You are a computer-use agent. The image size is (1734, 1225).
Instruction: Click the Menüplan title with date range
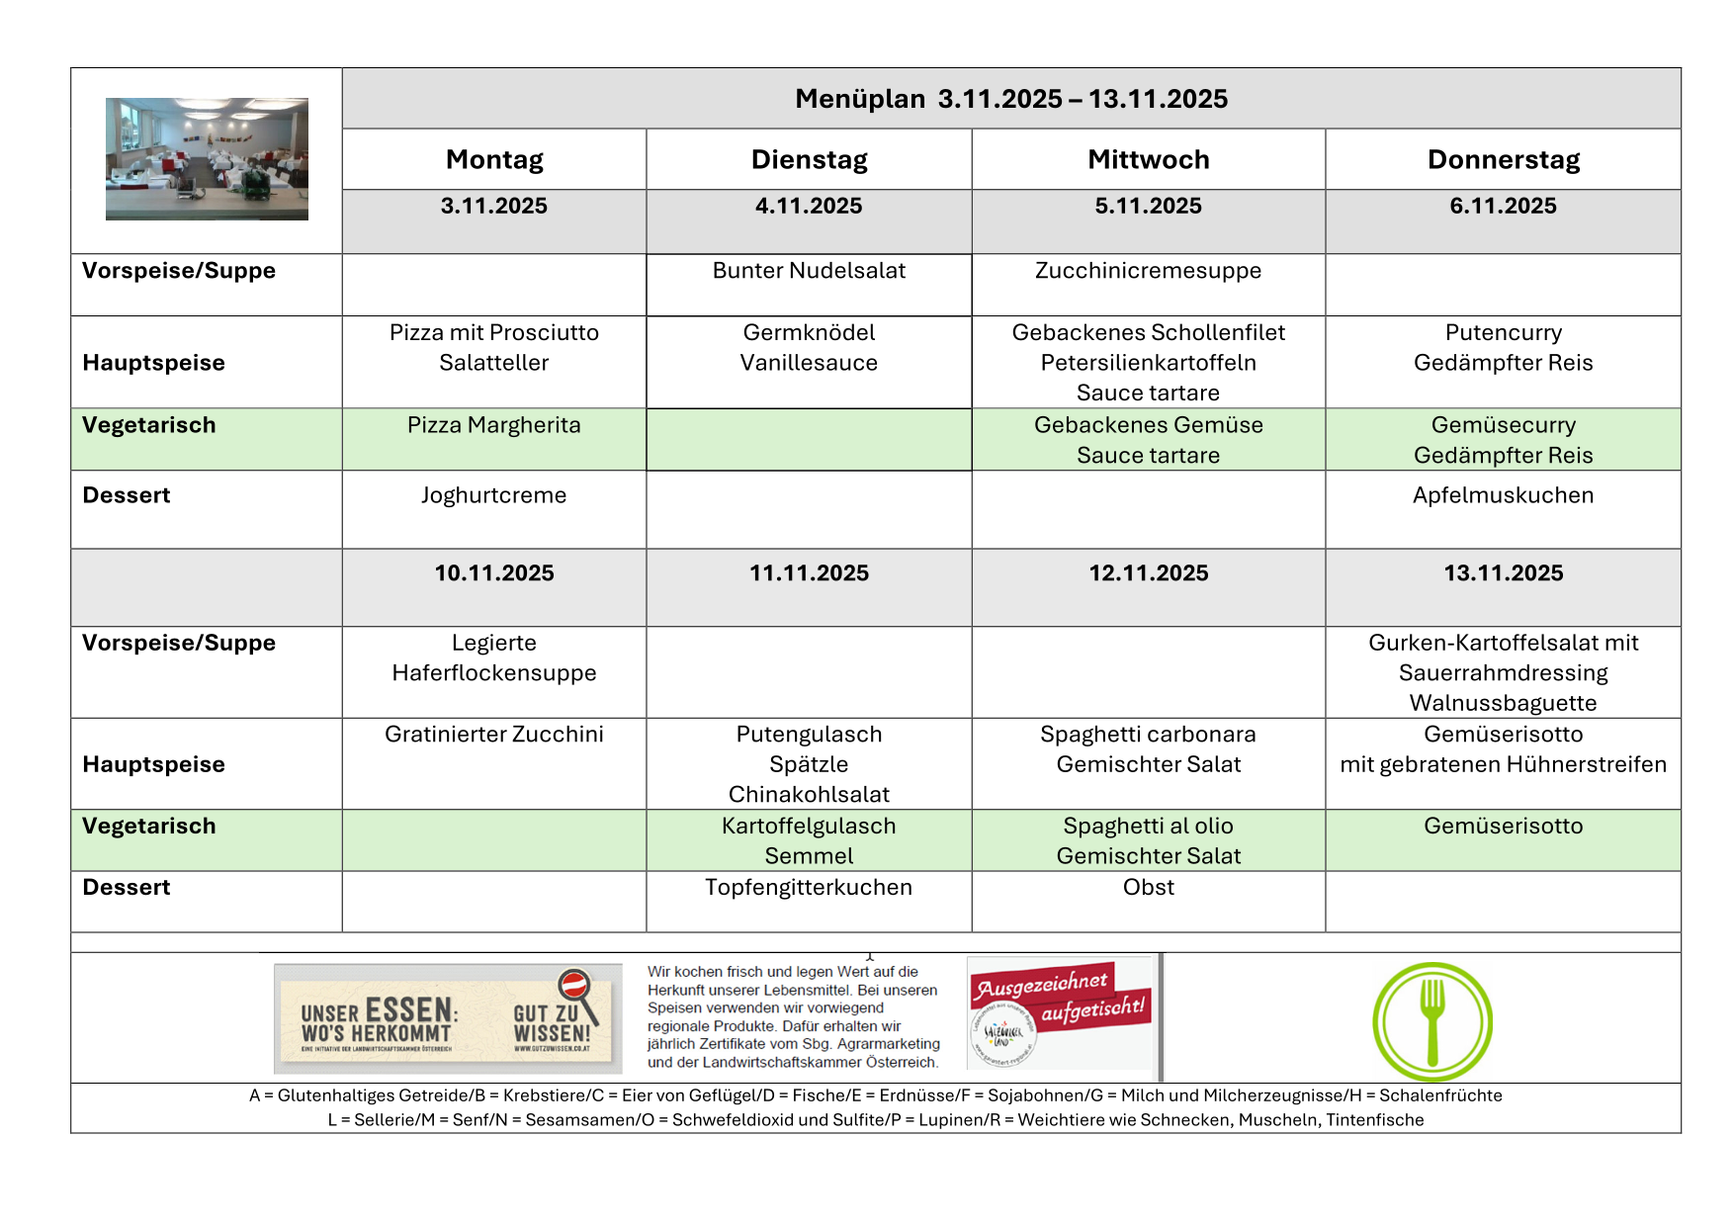(x=1010, y=99)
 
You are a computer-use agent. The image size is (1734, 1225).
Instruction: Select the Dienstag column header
(x=809, y=159)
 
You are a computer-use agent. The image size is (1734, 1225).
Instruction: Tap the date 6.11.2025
(x=1502, y=206)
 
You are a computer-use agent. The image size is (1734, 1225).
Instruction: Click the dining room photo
(x=207, y=158)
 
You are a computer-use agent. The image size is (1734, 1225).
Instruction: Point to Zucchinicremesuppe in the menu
(x=1148, y=271)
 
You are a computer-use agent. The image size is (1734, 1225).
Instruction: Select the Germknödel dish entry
(x=809, y=332)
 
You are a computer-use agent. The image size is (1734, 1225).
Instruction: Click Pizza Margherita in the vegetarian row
(x=493, y=425)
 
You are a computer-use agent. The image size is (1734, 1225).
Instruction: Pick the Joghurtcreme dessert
(x=493, y=495)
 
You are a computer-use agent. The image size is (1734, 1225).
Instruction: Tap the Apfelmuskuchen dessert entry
(x=1502, y=495)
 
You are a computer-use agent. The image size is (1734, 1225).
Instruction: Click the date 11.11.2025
(x=809, y=573)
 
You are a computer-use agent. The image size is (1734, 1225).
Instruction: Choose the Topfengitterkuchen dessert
(x=808, y=888)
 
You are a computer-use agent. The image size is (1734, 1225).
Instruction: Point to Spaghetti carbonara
(x=1148, y=735)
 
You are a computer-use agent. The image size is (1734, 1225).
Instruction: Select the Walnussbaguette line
(x=1502, y=703)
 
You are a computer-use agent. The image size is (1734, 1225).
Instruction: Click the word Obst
(x=1148, y=888)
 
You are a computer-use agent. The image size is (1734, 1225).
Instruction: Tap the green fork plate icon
(x=1431, y=1021)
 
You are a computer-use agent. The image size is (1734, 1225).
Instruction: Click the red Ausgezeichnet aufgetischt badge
(x=1060, y=999)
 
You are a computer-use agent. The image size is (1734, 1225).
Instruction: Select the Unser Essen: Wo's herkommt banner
(x=447, y=1018)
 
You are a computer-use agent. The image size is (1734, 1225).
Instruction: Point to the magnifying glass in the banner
(x=576, y=991)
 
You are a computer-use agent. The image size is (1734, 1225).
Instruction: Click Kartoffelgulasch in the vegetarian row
(x=808, y=827)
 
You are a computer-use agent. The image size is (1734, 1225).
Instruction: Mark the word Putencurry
(x=1502, y=332)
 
